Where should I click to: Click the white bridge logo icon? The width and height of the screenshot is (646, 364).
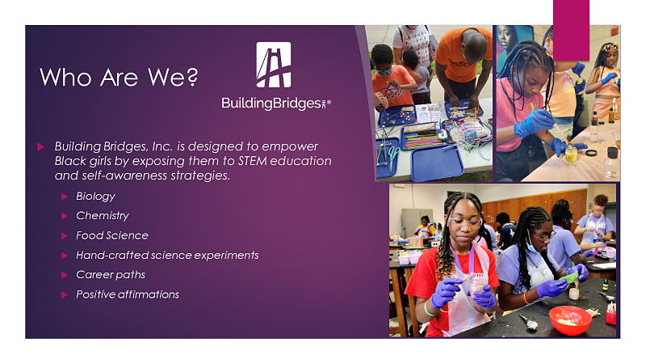coord(274,65)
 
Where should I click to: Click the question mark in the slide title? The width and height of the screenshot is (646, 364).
coord(192,77)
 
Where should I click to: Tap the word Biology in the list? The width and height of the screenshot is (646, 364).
coord(95,197)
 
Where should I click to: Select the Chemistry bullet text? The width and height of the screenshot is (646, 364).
coord(103,216)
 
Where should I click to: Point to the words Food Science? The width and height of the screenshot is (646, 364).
coord(112,235)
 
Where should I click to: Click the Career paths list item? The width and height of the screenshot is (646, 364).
coord(111,275)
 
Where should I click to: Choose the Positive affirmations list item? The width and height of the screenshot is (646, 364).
coord(128,294)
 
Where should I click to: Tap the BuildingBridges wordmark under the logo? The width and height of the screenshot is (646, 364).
coord(276,104)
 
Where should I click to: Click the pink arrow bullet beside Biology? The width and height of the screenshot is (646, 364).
coord(65,197)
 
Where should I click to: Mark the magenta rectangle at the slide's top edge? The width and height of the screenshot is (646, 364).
coord(571,30)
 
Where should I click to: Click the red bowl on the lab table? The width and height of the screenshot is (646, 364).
coord(570,320)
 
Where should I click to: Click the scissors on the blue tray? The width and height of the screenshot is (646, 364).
coord(393,158)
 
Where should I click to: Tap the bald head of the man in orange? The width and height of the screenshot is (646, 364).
coord(474,44)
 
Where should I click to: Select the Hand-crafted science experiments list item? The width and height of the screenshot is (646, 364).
coord(167,255)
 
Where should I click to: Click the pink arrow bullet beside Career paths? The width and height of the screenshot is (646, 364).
coord(65,275)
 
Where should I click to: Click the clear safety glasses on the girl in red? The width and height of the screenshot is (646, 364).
coord(466,223)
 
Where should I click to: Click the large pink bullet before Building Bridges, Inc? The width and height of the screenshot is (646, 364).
coord(41,146)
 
